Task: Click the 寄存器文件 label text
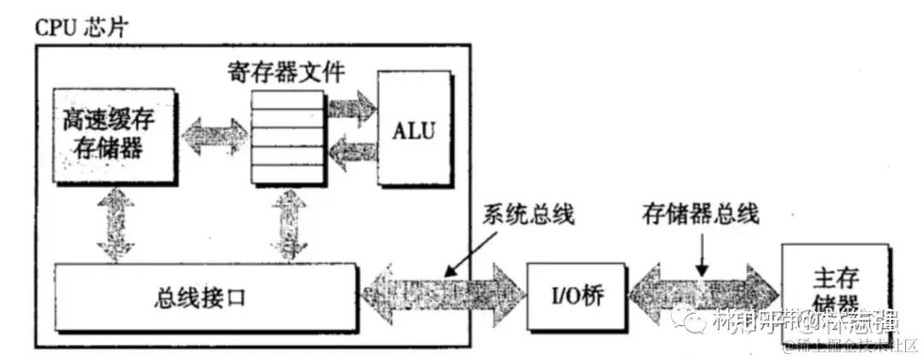(x=287, y=72)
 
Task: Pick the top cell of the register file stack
(x=287, y=96)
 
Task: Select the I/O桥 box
(x=568, y=298)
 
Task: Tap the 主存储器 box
(x=833, y=289)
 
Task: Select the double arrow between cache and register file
(x=214, y=135)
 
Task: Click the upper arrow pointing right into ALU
(x=351, y=108)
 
